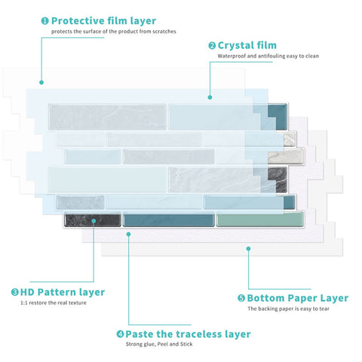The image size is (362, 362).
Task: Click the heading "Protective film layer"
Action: (103, 21)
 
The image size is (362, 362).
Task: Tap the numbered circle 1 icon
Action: (44, 20)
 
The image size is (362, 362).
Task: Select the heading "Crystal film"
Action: (247, 45)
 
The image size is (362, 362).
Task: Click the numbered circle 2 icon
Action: (212, 46)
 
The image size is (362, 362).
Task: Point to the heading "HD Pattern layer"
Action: (63, 292)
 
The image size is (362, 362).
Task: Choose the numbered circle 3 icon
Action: (15, 292)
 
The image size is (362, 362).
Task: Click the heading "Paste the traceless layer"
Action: (188, 334)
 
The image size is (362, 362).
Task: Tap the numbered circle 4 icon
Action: (120, 334)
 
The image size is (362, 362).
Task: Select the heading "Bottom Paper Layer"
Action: (298, 298)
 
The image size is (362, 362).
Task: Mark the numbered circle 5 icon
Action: (241, 298)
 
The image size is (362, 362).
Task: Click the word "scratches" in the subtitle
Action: (164, 32)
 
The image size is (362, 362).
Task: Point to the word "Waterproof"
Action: (232, 56)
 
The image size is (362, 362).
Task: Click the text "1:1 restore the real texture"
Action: (54, 303)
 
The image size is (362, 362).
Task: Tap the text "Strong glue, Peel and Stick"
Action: (159, 344)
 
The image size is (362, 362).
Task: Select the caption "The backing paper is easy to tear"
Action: (288, 308)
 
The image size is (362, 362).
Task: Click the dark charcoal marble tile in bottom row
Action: (93, 219)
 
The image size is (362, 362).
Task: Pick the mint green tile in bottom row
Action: (259, 219)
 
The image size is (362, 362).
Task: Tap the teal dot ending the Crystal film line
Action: (210, 97)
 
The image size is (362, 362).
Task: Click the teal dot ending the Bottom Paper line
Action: (248, 249)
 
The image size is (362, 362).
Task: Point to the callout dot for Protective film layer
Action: (41, 82)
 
